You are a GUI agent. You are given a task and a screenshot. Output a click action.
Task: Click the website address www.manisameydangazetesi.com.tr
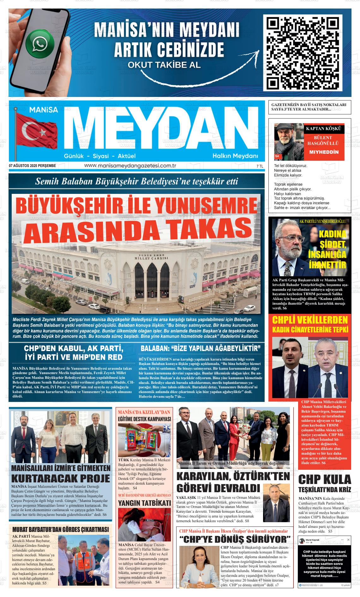tap(130, 166)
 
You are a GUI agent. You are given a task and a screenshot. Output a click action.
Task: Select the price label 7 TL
tap(260, 166)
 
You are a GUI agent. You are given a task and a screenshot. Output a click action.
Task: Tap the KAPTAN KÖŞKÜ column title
tap(323, 128)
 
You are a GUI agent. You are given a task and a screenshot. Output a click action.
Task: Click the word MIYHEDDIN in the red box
tap(324, 152)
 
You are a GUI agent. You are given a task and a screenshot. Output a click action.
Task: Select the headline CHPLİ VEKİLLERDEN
tap(310, 320)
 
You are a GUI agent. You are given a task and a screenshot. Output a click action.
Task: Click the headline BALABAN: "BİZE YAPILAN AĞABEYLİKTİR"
tap(201, 349)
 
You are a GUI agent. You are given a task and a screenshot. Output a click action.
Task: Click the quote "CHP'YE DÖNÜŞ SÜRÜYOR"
tap(235, 539)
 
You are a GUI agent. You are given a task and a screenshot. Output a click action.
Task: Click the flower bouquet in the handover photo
tap(243, 436)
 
